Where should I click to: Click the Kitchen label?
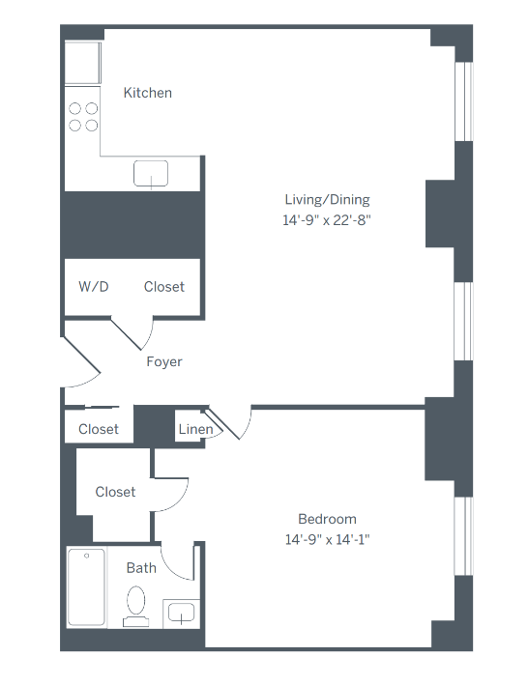(148, 93)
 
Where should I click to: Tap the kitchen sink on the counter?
(151, 174)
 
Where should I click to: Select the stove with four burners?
(83, 117)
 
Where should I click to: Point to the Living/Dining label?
(327, 200)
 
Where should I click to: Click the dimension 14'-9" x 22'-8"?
(327, 219)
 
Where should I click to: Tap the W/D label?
(94, 287)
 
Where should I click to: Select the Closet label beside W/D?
(164, 287)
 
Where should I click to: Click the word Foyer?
(164, 362)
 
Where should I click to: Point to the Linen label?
(194, 430)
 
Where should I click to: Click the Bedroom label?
(327, 519)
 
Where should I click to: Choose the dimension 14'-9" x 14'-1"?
(327, 539)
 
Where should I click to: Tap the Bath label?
(141, 568)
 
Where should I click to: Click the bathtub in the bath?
(87, 587)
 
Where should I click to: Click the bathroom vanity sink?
(181, 612)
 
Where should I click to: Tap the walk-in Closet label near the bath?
(115, 492)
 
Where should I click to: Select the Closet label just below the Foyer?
(99, 429)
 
